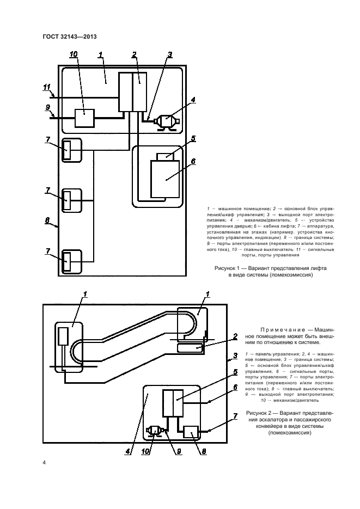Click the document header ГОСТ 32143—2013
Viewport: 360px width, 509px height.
pyautogui.click(x=69, y=36)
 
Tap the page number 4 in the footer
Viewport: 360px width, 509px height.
pyautogui.click(x=44, y=463)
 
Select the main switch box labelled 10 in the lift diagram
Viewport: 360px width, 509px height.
pyautogui.click(x=84, y=118)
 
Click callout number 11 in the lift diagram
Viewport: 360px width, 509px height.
pyautogui.click(x=47, y=87)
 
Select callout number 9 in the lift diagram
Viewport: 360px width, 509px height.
pyautogui.click(x=48, y=107)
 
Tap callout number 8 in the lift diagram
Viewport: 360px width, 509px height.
pyautogui.click(x=47, y=220)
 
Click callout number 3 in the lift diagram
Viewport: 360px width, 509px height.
pyautogui.click(x=170, y=54)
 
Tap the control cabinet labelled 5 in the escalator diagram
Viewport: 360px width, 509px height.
pyautogui.click(x=173, y=403)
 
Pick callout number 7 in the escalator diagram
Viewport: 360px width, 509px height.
pyautogui.click(x=235, y=416)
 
